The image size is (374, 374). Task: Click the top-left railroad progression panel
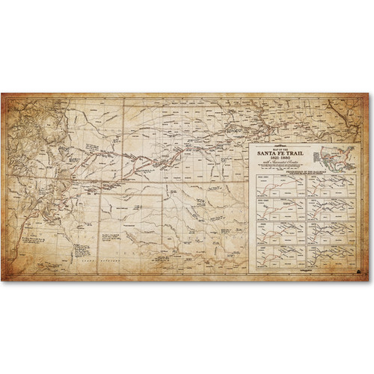280,186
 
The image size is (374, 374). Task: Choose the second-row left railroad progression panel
280,207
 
